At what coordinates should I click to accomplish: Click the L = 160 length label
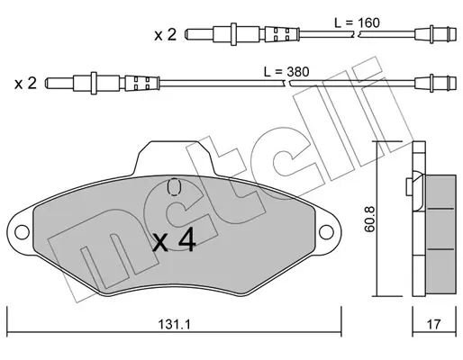click(357, 22)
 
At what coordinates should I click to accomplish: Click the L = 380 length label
click(286, 72)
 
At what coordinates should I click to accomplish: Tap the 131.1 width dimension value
click(175, 324)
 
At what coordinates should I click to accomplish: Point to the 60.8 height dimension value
click(369, 219)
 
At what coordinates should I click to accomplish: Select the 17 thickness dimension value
click(433, 324)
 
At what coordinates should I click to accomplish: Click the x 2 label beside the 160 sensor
click(165, 35)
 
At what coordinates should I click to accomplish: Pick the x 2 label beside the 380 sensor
click(25, 83)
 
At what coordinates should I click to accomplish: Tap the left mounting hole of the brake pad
click(22, 232)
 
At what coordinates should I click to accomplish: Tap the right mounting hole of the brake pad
click(326, 232)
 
